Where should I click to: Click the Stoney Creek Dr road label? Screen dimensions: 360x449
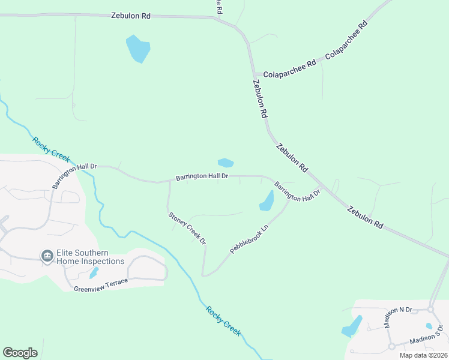(186, 228)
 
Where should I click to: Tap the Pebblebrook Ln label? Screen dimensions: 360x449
(249, 239)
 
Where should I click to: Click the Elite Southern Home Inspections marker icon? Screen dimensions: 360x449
(47, 257)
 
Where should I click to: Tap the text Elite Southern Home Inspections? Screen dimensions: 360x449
(90, 257)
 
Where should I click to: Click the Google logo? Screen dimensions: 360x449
(20, 353)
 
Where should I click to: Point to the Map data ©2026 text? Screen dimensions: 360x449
(423, 355)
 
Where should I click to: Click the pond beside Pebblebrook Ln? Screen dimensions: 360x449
(267, 202)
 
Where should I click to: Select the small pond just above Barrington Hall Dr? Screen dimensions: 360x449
(226, 163)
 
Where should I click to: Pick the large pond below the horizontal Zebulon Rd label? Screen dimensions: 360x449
(137, 48)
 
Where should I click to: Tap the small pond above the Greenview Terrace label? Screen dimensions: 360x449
(94, 272)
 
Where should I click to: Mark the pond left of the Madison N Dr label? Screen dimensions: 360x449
(352, 326)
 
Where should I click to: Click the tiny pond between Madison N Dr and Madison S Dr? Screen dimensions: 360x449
(429, 326)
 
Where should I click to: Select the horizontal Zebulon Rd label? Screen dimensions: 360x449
(130, 16)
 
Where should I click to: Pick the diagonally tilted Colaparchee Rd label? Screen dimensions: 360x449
(346, 41)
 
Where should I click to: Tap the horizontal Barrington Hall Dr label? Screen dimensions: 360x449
(202, 176)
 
